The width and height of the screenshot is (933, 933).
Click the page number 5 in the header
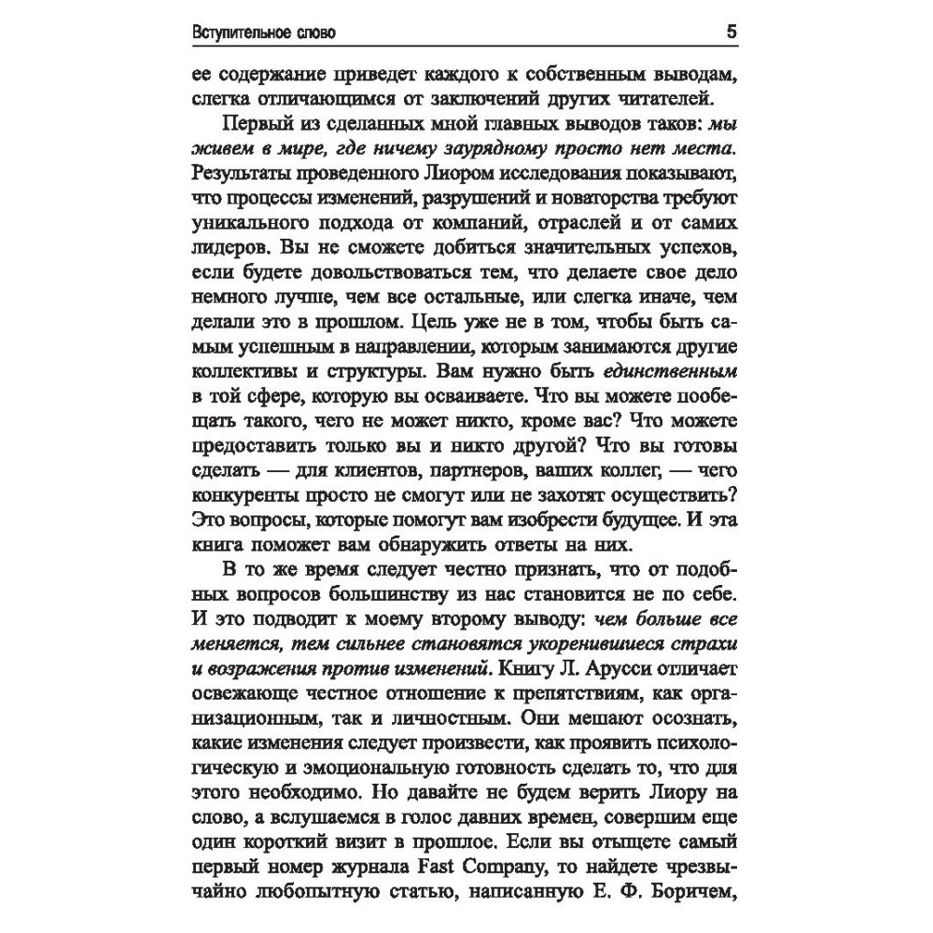coord(731,32)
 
